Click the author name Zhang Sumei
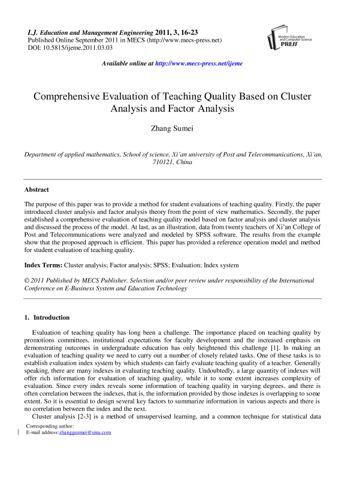[x=180, y=128]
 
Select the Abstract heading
[x=37, y=189]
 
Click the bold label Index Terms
[x=45, y=265]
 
